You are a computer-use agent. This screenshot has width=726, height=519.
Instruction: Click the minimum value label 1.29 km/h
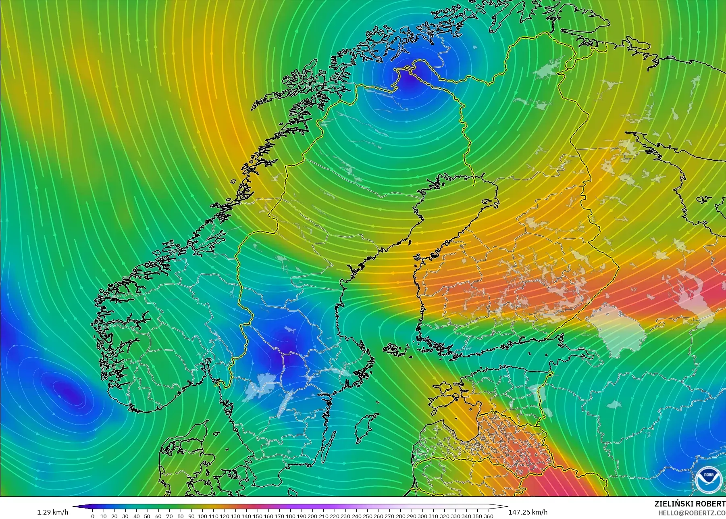coord(52,512)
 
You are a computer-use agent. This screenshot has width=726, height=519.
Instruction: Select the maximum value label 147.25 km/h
coord(528,512)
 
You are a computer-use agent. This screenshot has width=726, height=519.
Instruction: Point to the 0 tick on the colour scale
coord(93,516)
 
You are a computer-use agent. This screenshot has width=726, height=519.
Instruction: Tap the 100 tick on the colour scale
coord(202,516)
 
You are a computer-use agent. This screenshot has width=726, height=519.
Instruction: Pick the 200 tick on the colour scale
coord(312,516)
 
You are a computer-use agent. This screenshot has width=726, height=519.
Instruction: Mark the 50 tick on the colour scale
coord(148,516)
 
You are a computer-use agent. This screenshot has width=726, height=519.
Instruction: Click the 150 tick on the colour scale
coord(257,516)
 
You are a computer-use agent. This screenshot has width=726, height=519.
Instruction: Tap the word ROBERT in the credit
coord(711,504)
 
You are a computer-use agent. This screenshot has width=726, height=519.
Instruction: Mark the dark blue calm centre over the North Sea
coord(64,389)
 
